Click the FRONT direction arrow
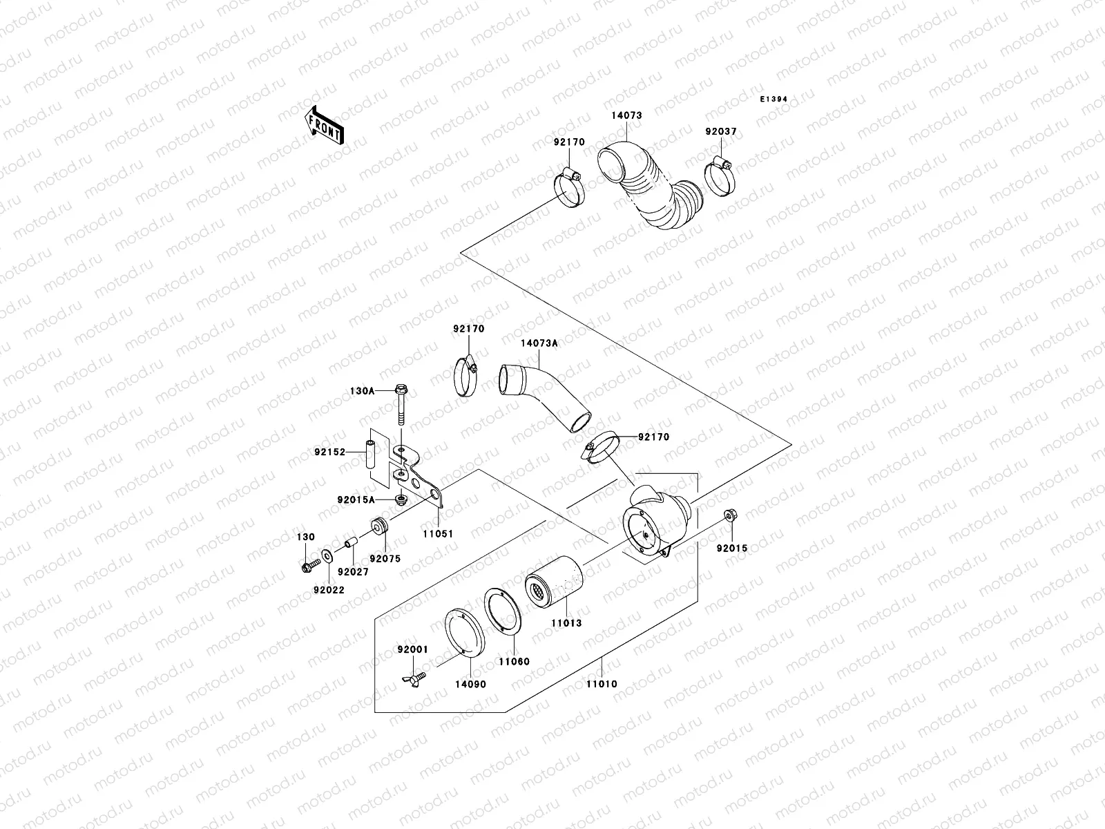pyautogui.click(x=325, y=126)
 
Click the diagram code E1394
pyautogui.click(x=773, y=99)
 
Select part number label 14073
pyautogui.click(x=626, y=116)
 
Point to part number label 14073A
pyautogui.click(x=539, y=343)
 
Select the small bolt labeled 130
pyautogui.click(x=309, y=566)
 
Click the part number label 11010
pyautogui.click(x=602, y=684)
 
